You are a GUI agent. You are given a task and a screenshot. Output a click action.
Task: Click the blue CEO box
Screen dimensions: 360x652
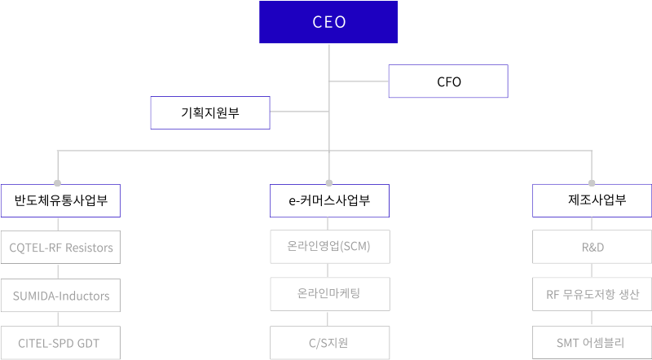click(x=329, y=22)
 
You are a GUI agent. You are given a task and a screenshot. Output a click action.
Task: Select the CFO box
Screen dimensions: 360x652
click(x=448, y=82)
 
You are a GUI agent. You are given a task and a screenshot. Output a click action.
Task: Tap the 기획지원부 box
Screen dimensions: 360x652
click(x=210, y=113)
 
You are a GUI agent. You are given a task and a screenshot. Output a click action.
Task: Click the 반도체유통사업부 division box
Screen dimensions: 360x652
click(x=61, y=200)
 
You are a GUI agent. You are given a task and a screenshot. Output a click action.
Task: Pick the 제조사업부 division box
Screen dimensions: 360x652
click(x=593, y=200)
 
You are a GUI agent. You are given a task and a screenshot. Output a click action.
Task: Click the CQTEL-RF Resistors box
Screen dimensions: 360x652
click(x=61, y=247)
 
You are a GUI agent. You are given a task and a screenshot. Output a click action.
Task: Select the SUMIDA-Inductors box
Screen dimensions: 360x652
click(x=61, y=295)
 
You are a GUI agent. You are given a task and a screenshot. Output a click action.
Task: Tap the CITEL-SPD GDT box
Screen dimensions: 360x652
click(x=61, y=343)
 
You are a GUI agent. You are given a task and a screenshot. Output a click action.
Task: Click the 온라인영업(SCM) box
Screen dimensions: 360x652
click(x=329, y=247)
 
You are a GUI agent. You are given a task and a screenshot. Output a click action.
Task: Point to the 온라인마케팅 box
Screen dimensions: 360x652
click(x=329, y=294)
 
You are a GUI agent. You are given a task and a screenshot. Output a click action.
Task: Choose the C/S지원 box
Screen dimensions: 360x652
click(x=329, y=343)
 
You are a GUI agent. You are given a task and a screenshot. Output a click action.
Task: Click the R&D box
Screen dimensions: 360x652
click(x=593, y=247)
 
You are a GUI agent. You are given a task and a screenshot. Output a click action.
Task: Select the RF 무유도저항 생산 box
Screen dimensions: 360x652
click(x=593, y=295)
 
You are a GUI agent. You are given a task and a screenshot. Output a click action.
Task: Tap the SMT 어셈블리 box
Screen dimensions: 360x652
click(x=593, y=343)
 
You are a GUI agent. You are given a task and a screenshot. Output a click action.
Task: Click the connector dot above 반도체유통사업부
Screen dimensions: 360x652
click(x=57, y=182)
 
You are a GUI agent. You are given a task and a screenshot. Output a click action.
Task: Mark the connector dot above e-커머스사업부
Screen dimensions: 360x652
click(x=329, y=182)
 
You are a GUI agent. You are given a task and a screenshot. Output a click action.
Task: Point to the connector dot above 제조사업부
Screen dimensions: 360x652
click(x=593, y=182)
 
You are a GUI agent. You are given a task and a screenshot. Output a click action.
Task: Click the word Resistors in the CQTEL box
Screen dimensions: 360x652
click(x=87, y=247)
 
